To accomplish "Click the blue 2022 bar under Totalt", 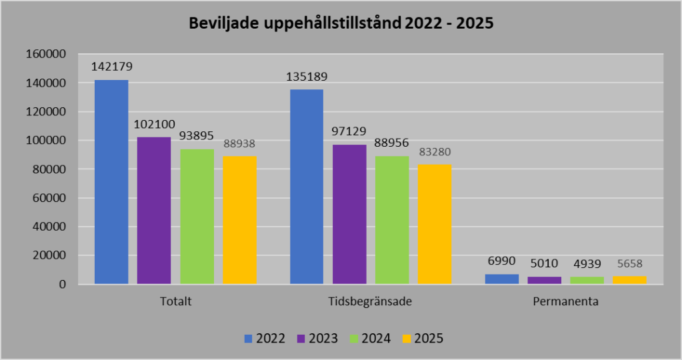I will pyautogui.click(x=111, y=182).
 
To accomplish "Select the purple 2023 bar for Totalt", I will pyautogui.click(x=154, y=211).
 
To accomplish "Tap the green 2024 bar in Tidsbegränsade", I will pyautogui.click(x=392, y=220).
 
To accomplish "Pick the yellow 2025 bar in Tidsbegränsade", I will pyautogui.click(x=435, y=224).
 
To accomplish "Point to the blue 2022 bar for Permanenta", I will pyautogui.click(x=502, y=279).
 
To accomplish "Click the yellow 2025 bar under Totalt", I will pyautogui.click(x=239, y=220).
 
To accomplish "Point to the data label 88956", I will pyautogui.click(x=393, y=143).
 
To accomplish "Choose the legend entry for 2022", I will pyautogui.click(x=265, y=338).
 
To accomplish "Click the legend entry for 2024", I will pyautogui.click(x=369, y=338).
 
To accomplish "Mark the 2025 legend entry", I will pyautogui.click(x=421, y=338).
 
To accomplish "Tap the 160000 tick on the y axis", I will pyautogui.click(x=46, y=54).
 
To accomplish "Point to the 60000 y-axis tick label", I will pyautogui.click(x=49, y=197).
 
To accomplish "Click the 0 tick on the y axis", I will pyautogui.click(x=63, y=284).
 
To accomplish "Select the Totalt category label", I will pyautogui.click(x=176, y=301).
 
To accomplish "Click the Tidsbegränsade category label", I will pyautogui.click(x=371, y=301).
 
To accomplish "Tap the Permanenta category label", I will pyautogui.click(x=566, y=301).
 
